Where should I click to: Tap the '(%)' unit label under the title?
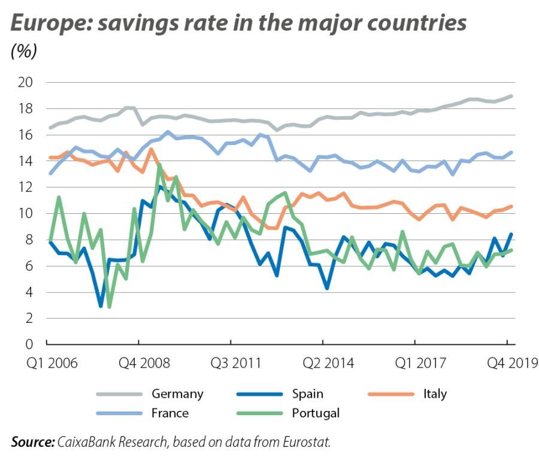[x=24, y=52]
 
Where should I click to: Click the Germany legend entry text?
[x=177, y=394]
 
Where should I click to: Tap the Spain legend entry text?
[x=307, y=394]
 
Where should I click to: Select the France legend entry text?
[x=170, y=413]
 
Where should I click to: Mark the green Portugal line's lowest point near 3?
[x=109, y=307]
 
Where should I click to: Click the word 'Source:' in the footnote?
[x=32, y=442]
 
